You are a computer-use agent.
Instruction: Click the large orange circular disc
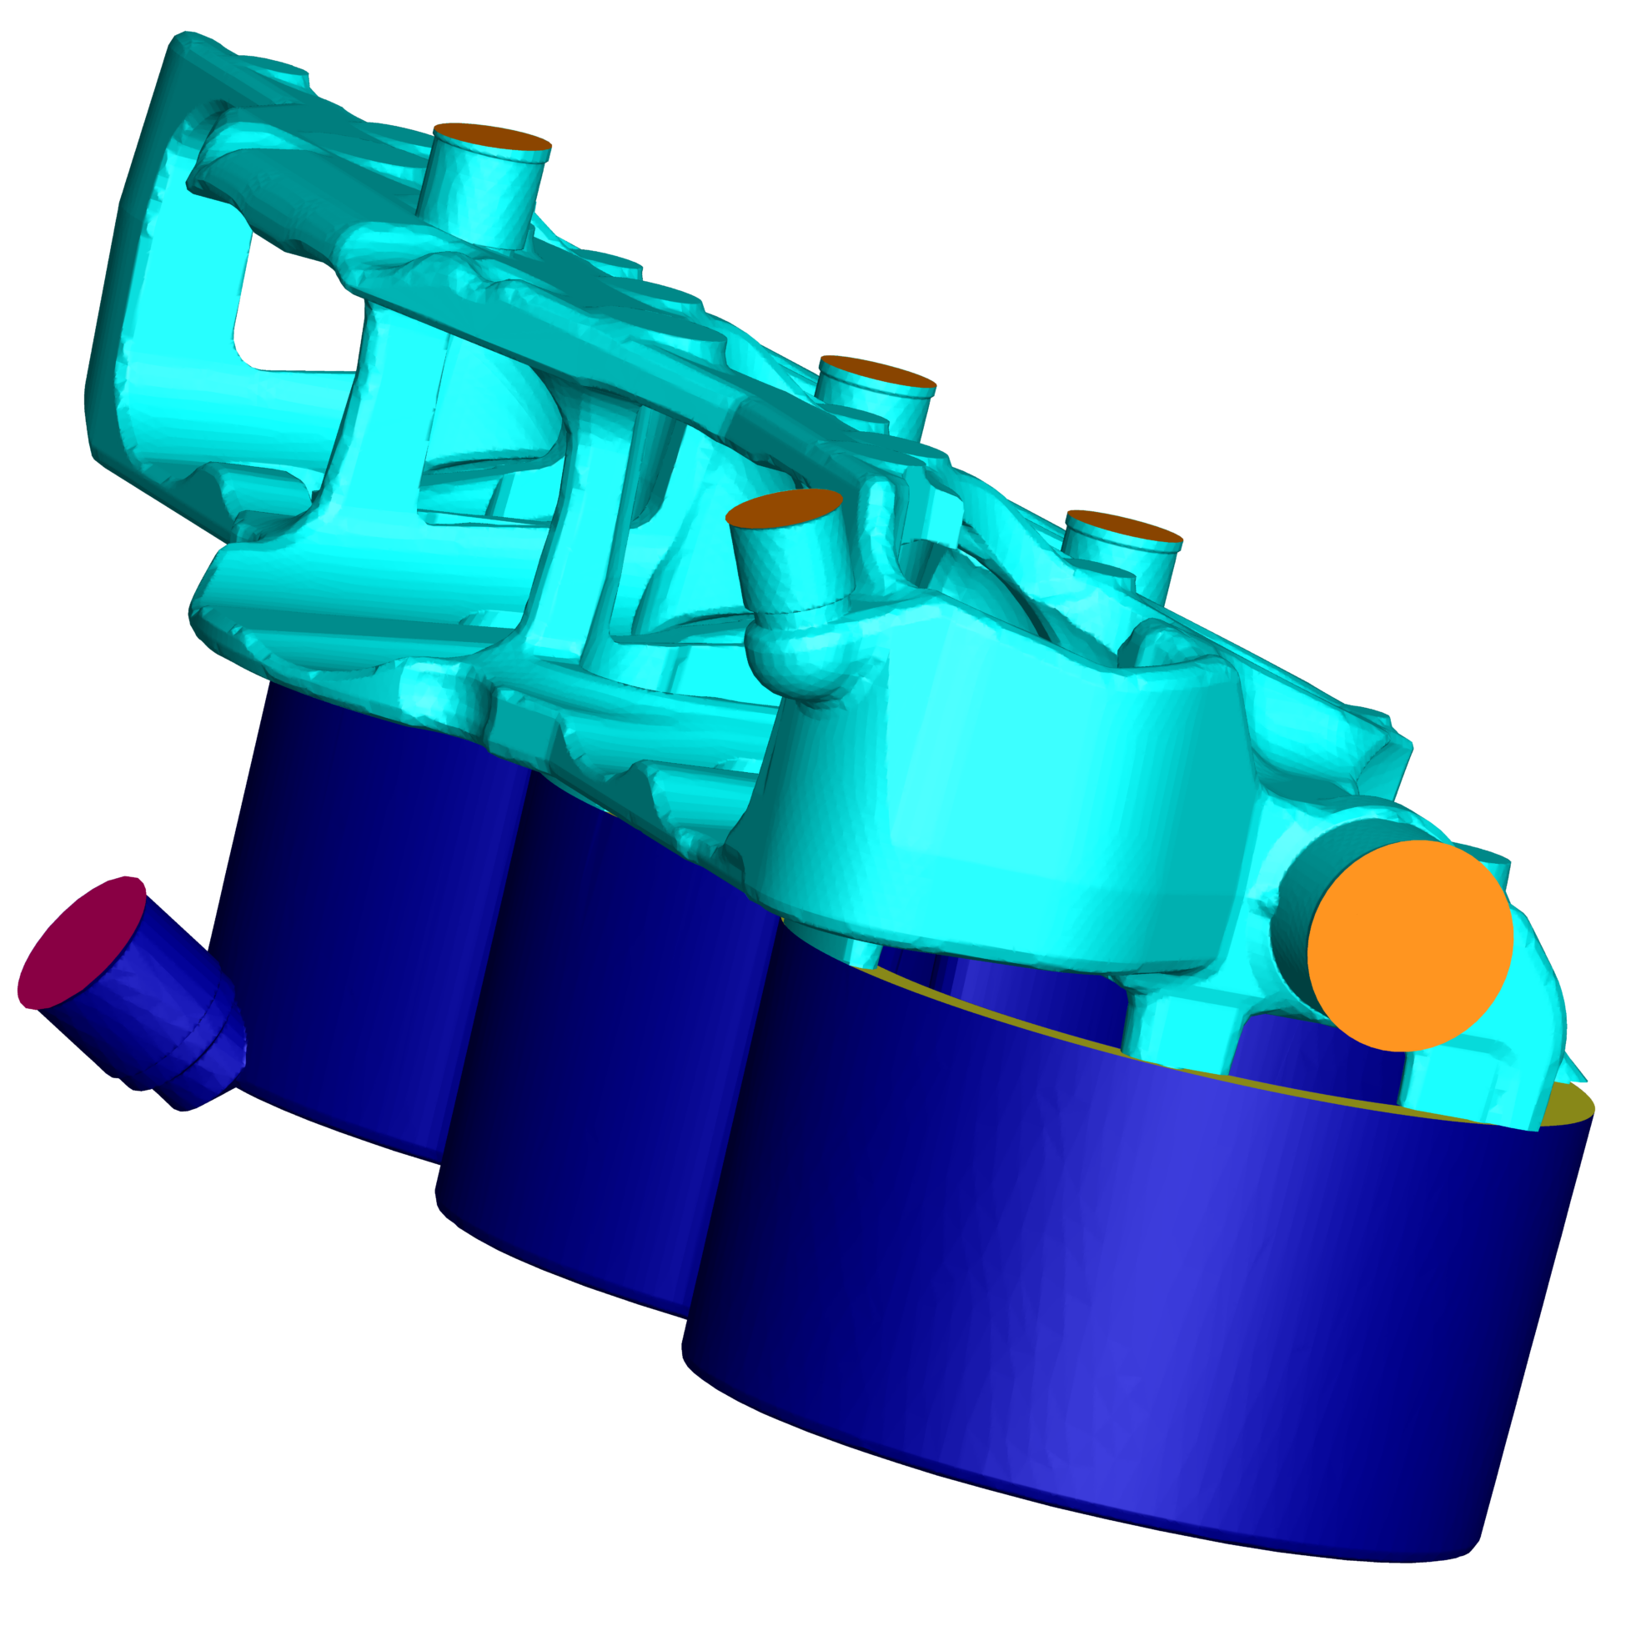coord(1409,945)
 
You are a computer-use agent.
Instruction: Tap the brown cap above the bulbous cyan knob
coord(783,506)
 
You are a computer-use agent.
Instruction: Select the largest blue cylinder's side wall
coord(1111,1282)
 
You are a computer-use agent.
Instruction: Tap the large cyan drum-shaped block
coord(983,795)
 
